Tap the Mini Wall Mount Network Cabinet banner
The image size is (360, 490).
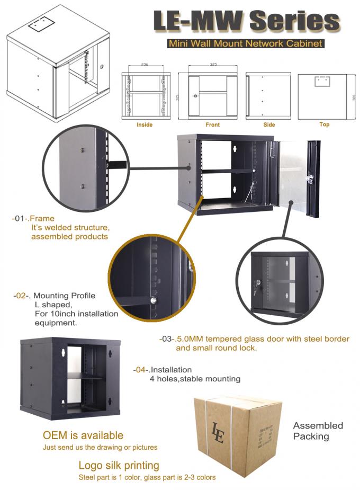(x=245, y=43)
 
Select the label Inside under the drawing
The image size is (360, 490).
(x=145, y=125)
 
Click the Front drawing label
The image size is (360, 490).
(x=213, y=125)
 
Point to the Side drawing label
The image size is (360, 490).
(x=269, y=125)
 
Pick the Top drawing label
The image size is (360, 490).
(x=325, y=124)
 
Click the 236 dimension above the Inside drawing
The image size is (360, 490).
(x=145, y=64)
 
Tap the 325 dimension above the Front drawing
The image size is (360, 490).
(x=213, y=64)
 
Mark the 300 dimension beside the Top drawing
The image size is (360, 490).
(x=352, y=98)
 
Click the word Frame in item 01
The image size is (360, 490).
(x=42, y=218)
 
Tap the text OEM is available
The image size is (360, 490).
(x=83, y=435)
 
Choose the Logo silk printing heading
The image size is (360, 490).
(x=119, y=466)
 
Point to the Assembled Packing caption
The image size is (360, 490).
(x=318, y=431)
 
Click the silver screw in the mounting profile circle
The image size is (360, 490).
(x=153, y=300)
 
